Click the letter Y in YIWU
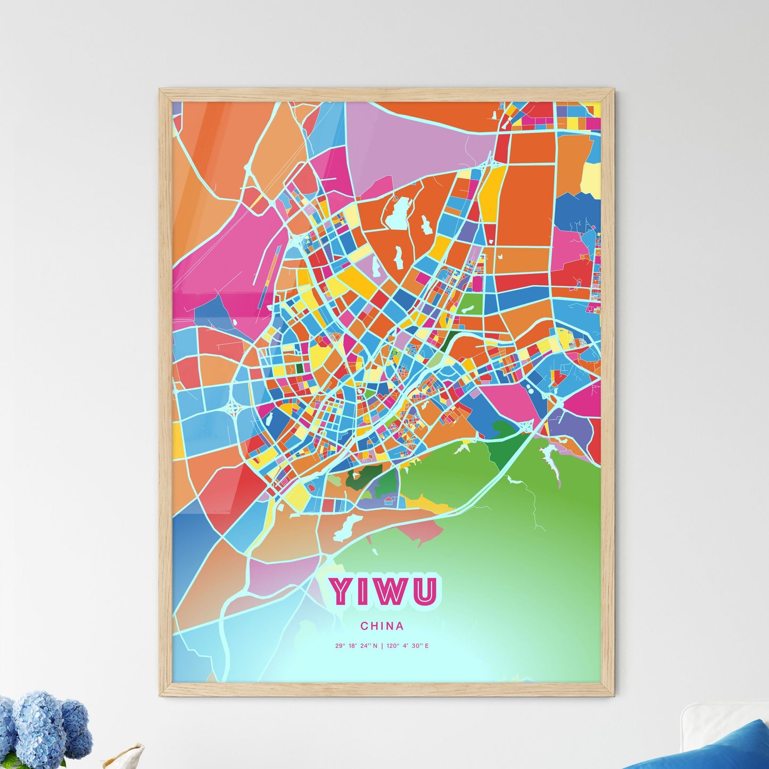coord(341,591)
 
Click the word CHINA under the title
coord(382,626)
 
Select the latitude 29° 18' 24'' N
coord(356,646)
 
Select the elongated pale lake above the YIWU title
coord(346,526)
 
